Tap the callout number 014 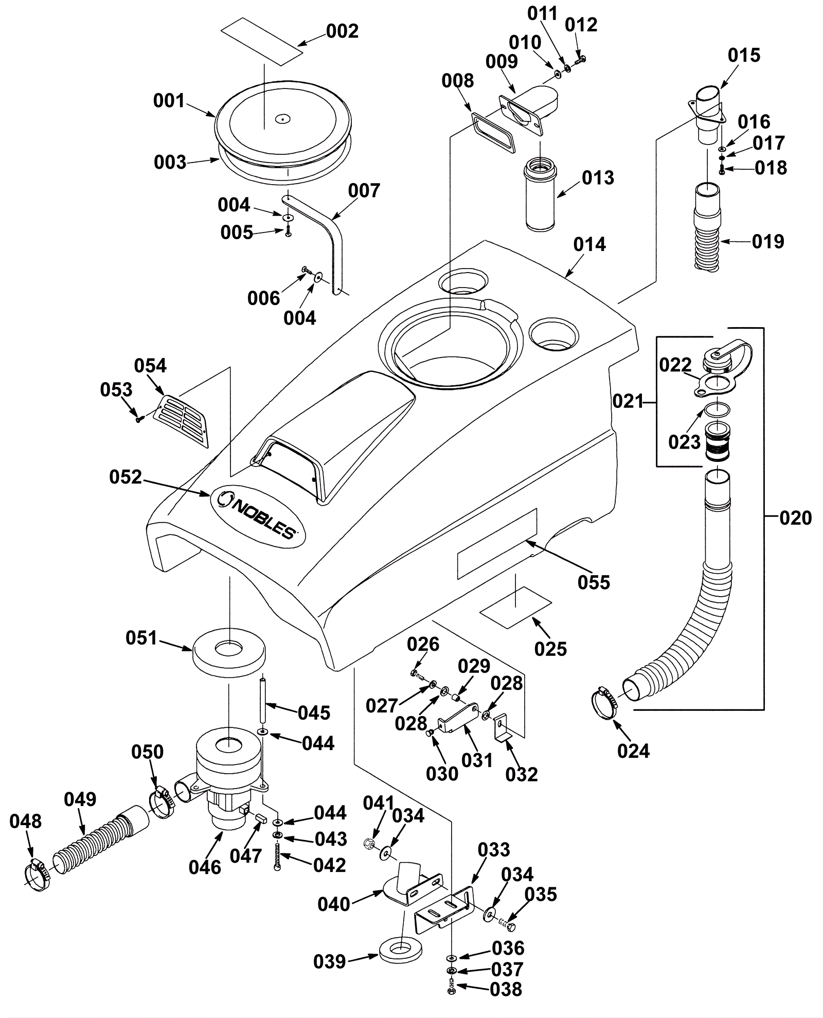(589, 244)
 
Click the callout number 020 (795, 517)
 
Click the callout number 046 (205, 867)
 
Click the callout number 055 (594, 582)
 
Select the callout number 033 (494, 850)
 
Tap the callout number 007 (364, 191)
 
